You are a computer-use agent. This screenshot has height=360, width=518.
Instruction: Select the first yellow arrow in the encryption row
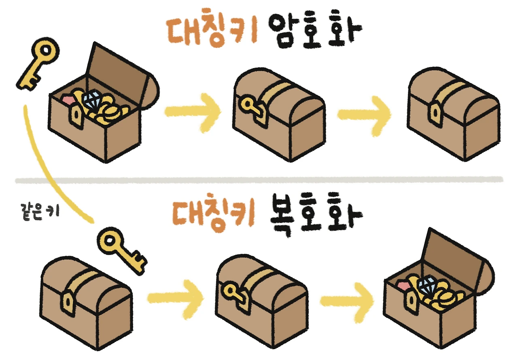coord(193,110)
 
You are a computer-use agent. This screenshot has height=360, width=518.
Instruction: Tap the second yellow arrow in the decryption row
coord(348,300)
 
